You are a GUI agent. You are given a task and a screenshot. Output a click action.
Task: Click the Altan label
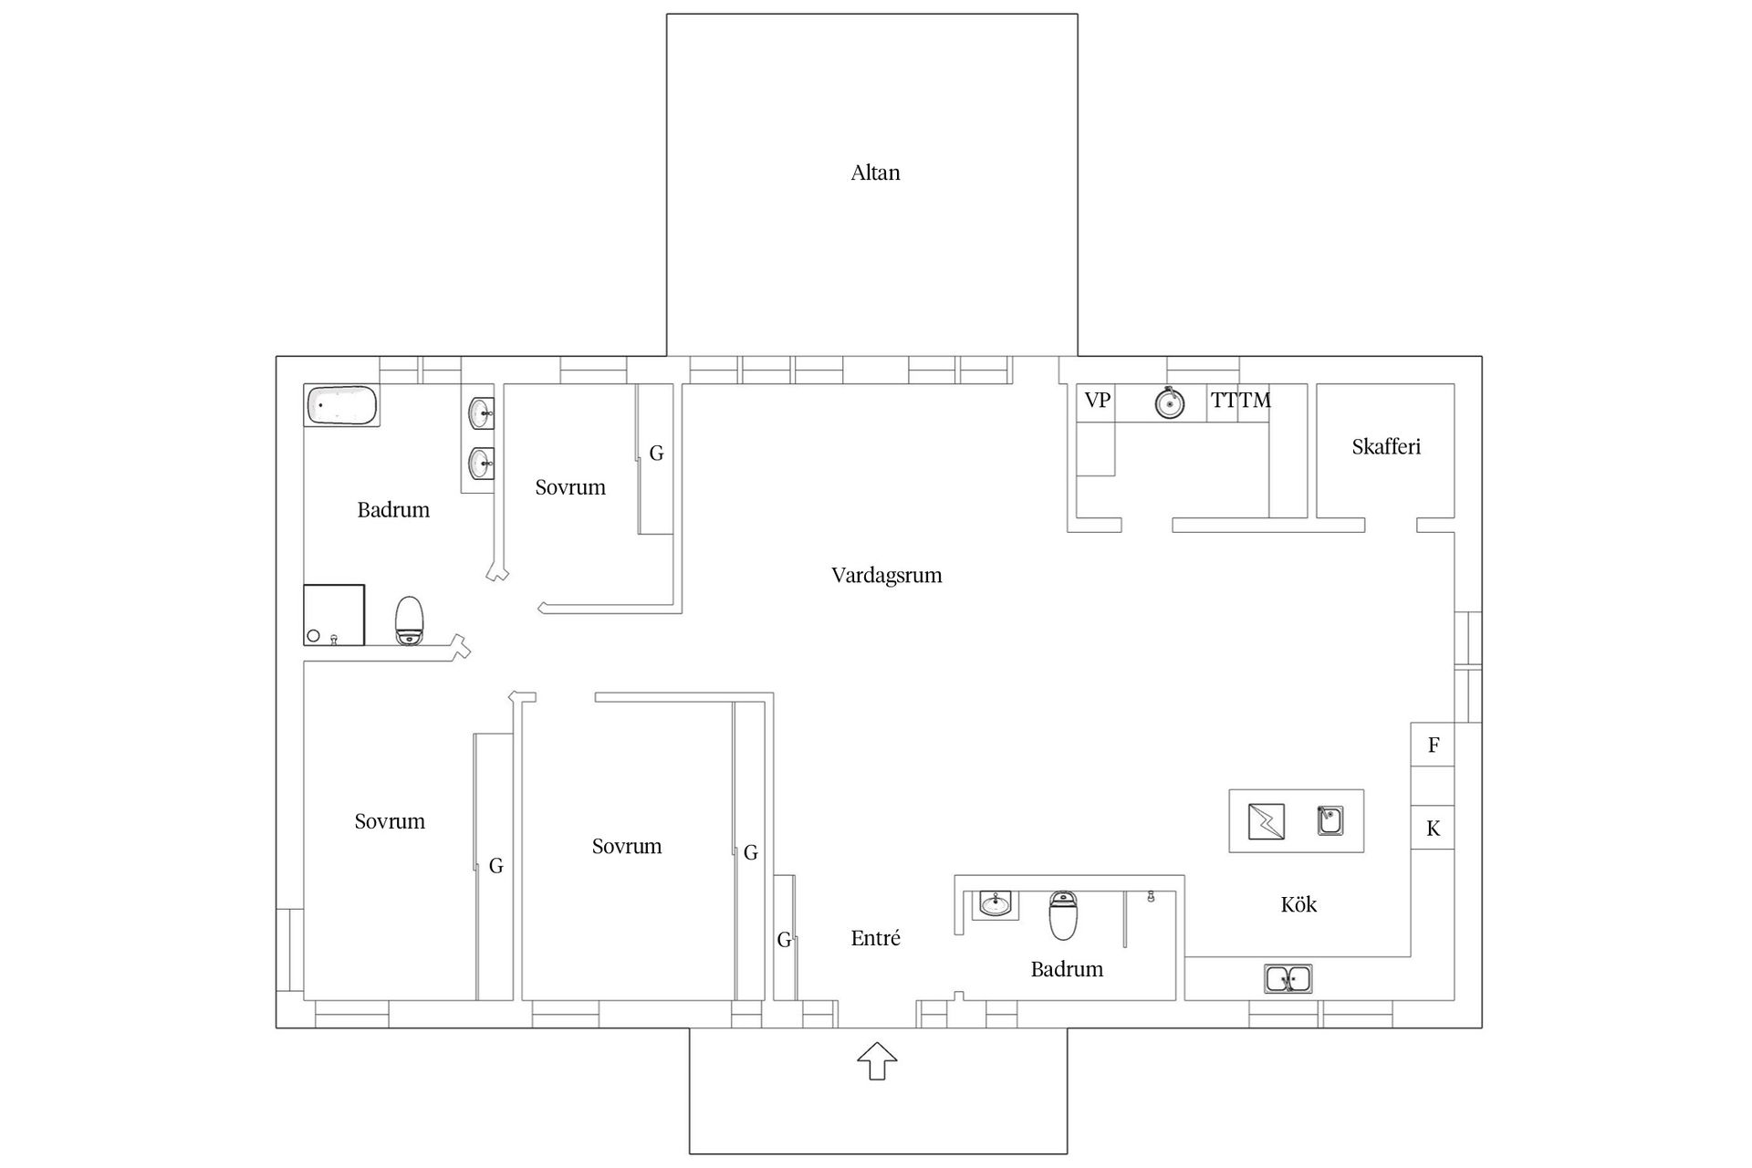point(875,172)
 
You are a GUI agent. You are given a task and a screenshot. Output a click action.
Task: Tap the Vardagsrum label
point(886,575)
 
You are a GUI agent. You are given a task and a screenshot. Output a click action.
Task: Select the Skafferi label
point(1386,446)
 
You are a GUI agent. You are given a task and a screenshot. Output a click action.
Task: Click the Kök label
point(1298,904)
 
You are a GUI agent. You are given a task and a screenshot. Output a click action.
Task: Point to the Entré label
point(875,938)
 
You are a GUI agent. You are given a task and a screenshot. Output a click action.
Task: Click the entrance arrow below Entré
point(877,1061)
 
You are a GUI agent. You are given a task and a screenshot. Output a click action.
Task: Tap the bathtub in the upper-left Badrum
point(342,405)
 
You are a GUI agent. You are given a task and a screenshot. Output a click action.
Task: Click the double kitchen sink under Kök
point(1288,979)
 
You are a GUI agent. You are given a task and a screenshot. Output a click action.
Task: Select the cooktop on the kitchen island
point(1267,821)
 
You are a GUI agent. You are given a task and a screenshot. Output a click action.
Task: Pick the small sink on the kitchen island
point(1330,820)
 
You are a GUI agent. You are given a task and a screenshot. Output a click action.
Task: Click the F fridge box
point(1433,745)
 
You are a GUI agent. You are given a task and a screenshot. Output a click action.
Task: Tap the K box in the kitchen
point(1433,828)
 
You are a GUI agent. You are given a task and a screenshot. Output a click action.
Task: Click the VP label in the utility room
point(1097,400)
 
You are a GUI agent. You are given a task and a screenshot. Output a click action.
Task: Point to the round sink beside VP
point(1170,402)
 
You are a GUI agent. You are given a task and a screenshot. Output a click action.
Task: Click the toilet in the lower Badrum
point(1064,915)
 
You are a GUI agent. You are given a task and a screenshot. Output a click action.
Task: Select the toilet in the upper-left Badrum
point(410,620)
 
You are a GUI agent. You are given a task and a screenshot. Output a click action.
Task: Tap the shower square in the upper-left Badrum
point(334,615)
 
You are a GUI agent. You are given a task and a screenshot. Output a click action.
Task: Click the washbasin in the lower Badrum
point(995,905)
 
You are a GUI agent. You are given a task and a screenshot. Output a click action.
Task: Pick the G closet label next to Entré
point(784,940)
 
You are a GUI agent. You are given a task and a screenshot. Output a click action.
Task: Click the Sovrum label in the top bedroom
point(570,487)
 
